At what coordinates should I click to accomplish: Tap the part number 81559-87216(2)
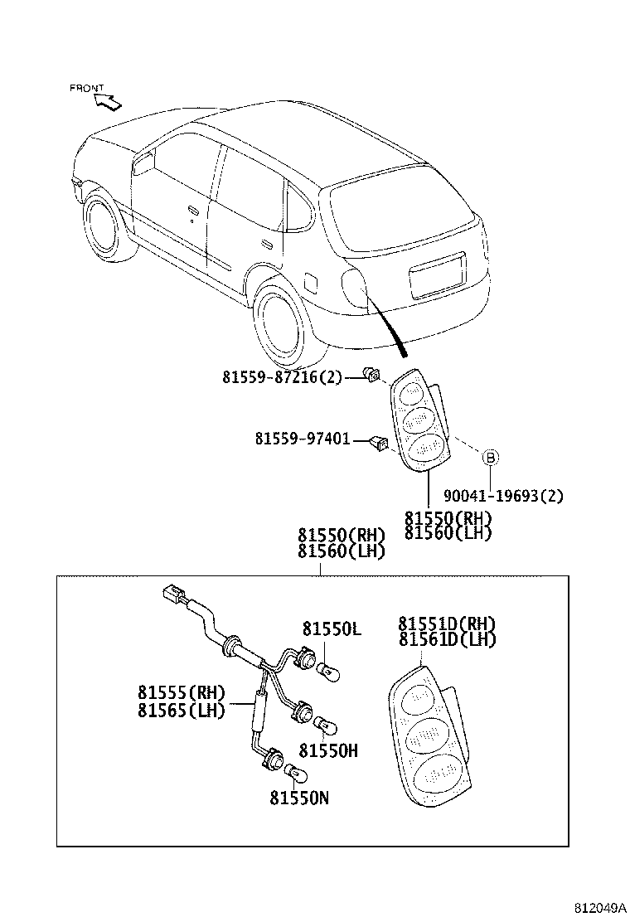coord(281,376)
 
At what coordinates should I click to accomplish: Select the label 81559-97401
coord(302,439)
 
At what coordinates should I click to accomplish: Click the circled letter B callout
coord(490,457)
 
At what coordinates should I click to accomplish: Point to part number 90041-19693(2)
coord(503,496)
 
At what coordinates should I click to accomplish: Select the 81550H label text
coord(328,750)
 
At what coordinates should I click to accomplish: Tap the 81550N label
coord(299,798)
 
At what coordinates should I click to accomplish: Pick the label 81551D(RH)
coord(447,624)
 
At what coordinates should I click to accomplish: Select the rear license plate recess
coord(438,275)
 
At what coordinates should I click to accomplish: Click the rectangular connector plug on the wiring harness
coord(172,595)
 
